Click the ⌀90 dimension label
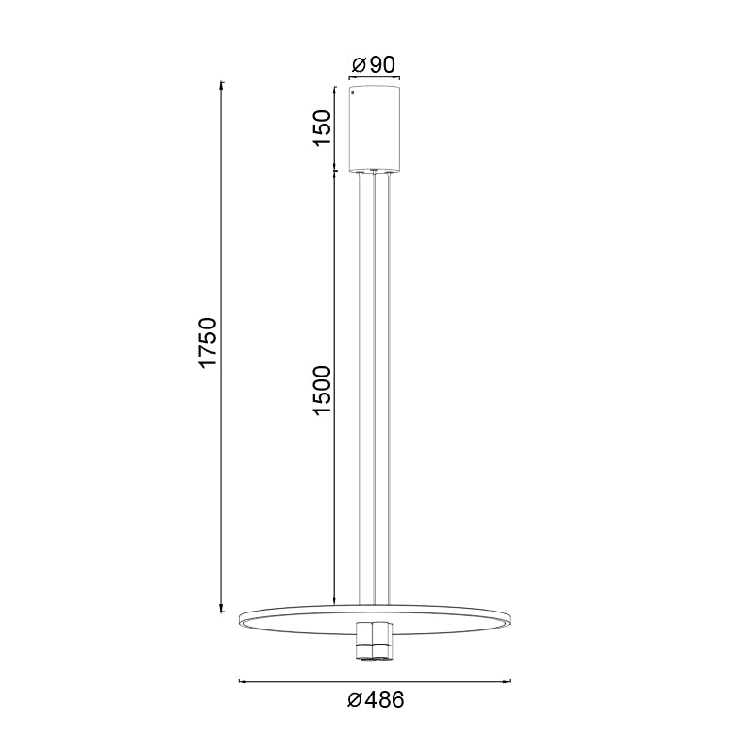[373, 66]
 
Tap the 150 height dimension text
[323, 128]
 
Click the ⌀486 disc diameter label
[376, 701]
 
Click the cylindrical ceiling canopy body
[375, 128]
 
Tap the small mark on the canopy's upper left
[354, 94]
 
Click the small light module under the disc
[375, 642]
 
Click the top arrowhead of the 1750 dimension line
[222, 85]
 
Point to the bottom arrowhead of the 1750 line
[222, 610]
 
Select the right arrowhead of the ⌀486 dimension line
[509, 679]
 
